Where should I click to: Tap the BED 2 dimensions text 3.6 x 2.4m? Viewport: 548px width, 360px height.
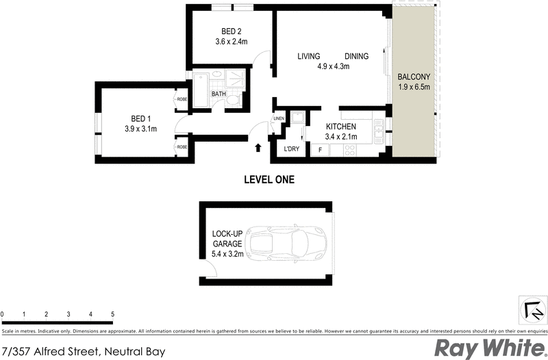point(231,42)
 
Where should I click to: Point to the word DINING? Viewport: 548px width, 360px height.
point(357,57)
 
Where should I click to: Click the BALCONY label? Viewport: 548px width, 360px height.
point(414,77)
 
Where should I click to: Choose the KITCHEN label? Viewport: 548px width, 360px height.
point(340,127)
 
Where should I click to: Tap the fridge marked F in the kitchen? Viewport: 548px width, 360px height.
point(319,149)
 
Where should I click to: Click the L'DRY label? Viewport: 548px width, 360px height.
point(291,149)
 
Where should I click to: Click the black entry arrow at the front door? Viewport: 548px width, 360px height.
point(258,147)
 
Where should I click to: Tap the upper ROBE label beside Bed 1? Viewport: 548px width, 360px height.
point(182,99)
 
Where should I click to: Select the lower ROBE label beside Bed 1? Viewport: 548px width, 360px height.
point(182,146)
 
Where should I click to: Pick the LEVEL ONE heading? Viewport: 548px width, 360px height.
point(269,180)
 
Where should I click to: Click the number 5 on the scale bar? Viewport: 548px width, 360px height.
point(112,315)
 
